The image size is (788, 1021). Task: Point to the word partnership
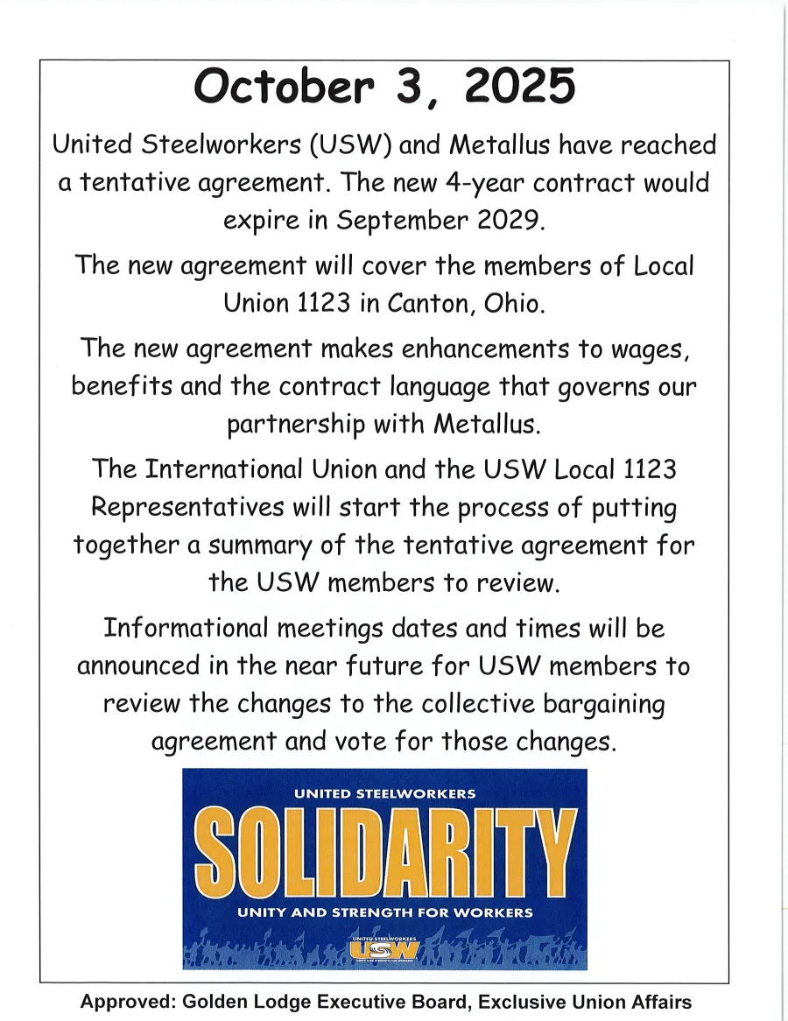pyautogui.click(x=296, y=425)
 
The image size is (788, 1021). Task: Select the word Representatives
pyautogui.click(x=187, y=507)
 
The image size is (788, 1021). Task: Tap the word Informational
pyautogui.click(x=185, y=628)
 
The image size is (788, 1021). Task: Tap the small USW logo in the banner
pyautogui.click(x=384, y=949)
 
